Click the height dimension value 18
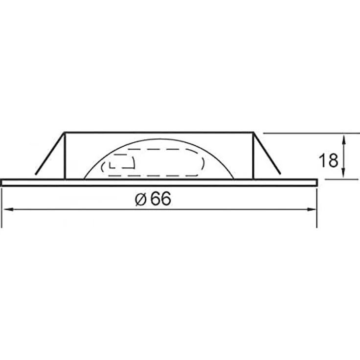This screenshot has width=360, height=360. tap(328, 160)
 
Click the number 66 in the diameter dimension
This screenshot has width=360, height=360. tap(161, 199)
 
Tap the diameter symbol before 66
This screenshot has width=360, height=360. tap(140, 199)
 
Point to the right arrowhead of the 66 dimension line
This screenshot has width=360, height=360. tap(312, 209)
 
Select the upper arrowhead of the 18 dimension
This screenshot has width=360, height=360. tap(343, 139)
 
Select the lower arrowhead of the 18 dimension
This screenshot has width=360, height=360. tap(343, 173)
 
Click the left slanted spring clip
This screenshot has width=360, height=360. tap(50, 153)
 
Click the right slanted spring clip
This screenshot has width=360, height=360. tap(267, 153)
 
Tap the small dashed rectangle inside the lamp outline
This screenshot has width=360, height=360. tap(122, 162)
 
